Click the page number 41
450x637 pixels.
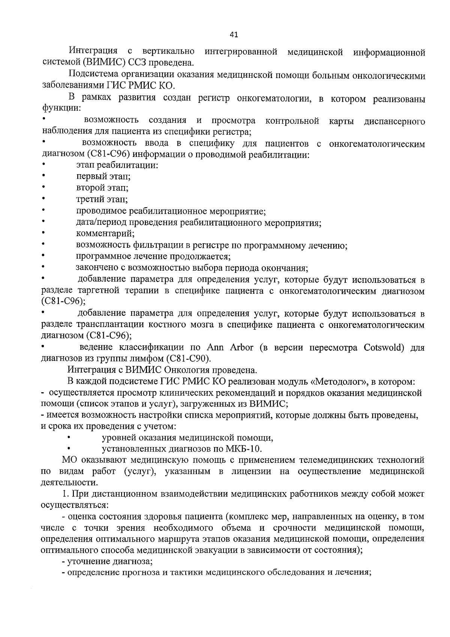click(x=234, y=35)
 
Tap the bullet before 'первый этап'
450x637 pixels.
click(x=44, y=175)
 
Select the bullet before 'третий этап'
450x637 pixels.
click(x=44, y=198)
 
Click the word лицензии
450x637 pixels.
click(x=251, y=471)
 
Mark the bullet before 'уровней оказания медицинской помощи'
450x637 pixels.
click(x=69, y=437)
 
